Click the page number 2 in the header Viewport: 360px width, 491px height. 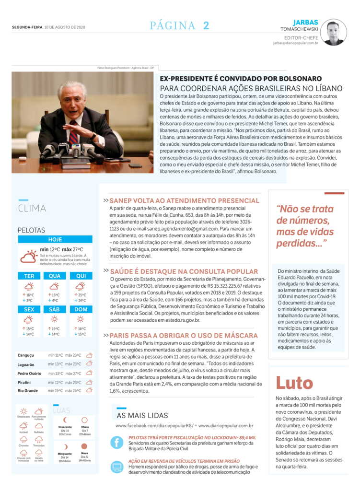click(206, 26)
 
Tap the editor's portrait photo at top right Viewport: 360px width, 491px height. click(333, 33)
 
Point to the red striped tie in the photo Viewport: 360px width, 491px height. click(73, 135)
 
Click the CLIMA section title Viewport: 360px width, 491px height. click(32, 208)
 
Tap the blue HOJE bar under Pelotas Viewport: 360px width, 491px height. click(55, 239)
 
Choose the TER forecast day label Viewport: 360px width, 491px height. click(29, 276)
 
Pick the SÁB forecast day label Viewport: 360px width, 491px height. click(55, 309)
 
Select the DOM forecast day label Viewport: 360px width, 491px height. click(81, 309)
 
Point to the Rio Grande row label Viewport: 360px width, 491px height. click(28, 390)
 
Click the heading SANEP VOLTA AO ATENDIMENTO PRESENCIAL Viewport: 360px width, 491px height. click(185, 201)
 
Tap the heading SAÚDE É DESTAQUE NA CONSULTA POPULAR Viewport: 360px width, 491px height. click(184, 271)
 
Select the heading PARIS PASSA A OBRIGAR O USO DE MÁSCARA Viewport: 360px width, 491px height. click(184, 335)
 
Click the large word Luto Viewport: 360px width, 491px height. click(294, 383)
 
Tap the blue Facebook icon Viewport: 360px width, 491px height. click(117, 442)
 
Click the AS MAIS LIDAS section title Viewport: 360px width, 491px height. click(142, 415)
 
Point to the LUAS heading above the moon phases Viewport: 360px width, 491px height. click(62, 410)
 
